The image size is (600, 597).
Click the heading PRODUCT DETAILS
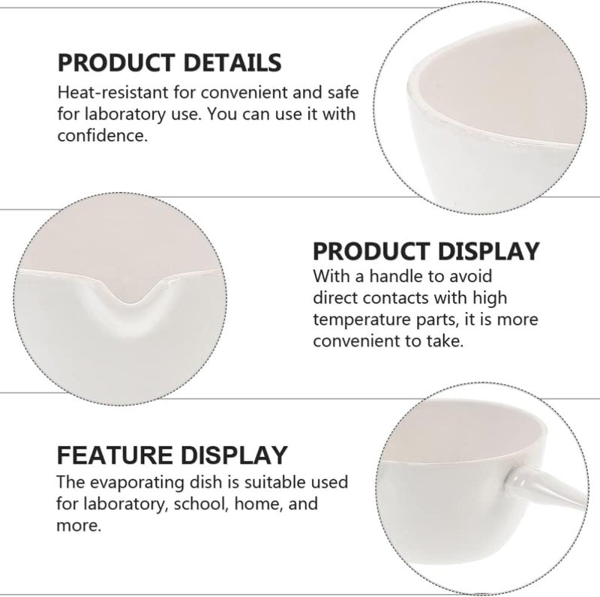[x=169, y=61]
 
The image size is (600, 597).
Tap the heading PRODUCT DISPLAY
[x=425, y=250]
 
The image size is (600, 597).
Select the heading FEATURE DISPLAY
[x=172, y=454]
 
